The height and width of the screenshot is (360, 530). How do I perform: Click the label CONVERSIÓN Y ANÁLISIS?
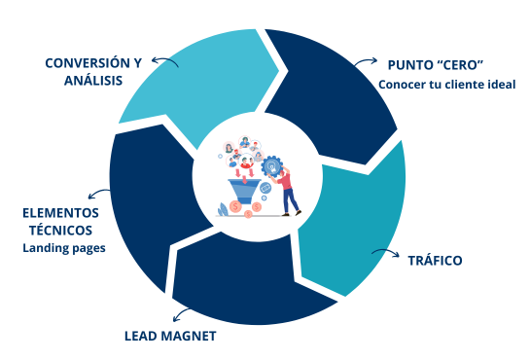point(93,71)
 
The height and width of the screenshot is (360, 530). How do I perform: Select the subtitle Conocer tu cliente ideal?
point(446,84)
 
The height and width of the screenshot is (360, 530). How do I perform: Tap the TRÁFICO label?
point(435,261)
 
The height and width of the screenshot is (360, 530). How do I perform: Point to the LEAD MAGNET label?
point(169,337)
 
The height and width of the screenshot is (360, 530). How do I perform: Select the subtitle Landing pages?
point(64,248)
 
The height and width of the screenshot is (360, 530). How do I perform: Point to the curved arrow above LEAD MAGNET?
point(183,313)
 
